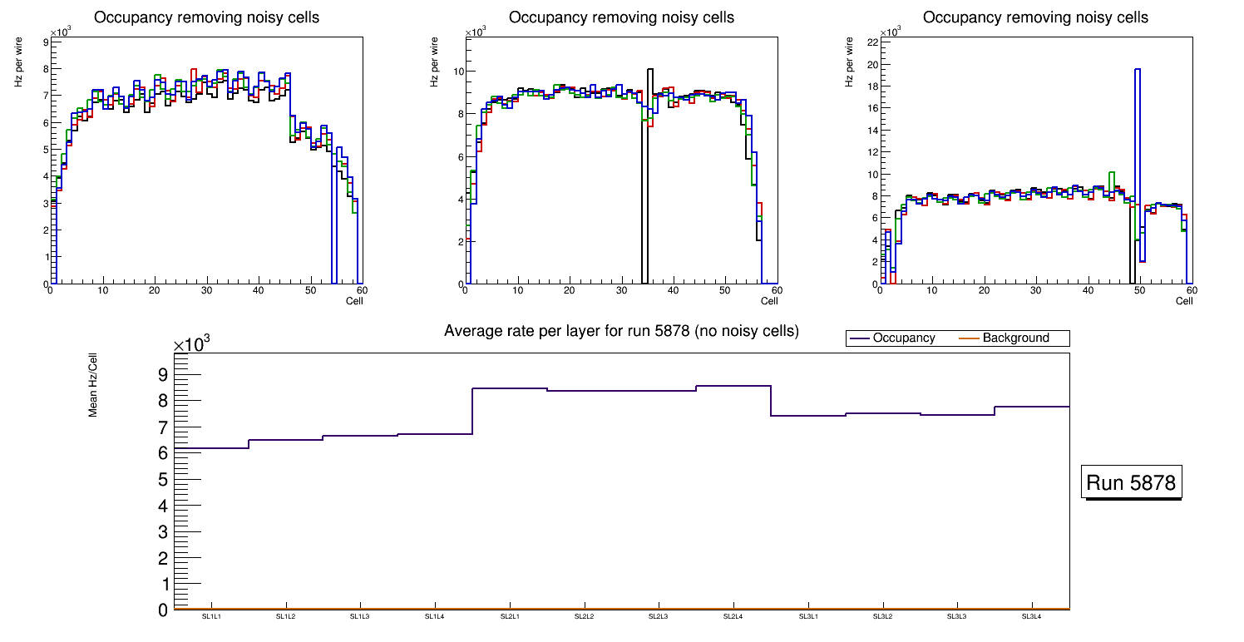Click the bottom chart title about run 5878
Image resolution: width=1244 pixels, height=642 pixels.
click(x=621, y=331)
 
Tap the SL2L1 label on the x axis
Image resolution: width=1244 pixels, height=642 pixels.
click(x=510, y=617)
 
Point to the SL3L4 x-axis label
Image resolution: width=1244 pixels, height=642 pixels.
click(x=1032, y=617)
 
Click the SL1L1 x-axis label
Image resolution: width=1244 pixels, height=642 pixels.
click(x=211, y=617)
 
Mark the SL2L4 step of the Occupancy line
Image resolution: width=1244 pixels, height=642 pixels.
click(x=733, y=386)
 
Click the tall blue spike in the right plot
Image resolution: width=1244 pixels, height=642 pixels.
click(x=1138, y=125)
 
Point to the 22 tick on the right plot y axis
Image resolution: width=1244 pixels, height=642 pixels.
click(x=872, y=42)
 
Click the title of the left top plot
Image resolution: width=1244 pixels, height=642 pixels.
click(x=206, y=17)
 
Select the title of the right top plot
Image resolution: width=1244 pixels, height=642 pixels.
click(x=1035, y=17)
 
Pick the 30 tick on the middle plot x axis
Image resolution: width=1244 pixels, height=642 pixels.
click(x=620, y=291)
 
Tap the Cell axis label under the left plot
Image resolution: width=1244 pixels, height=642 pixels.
click(x=354, y=300)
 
